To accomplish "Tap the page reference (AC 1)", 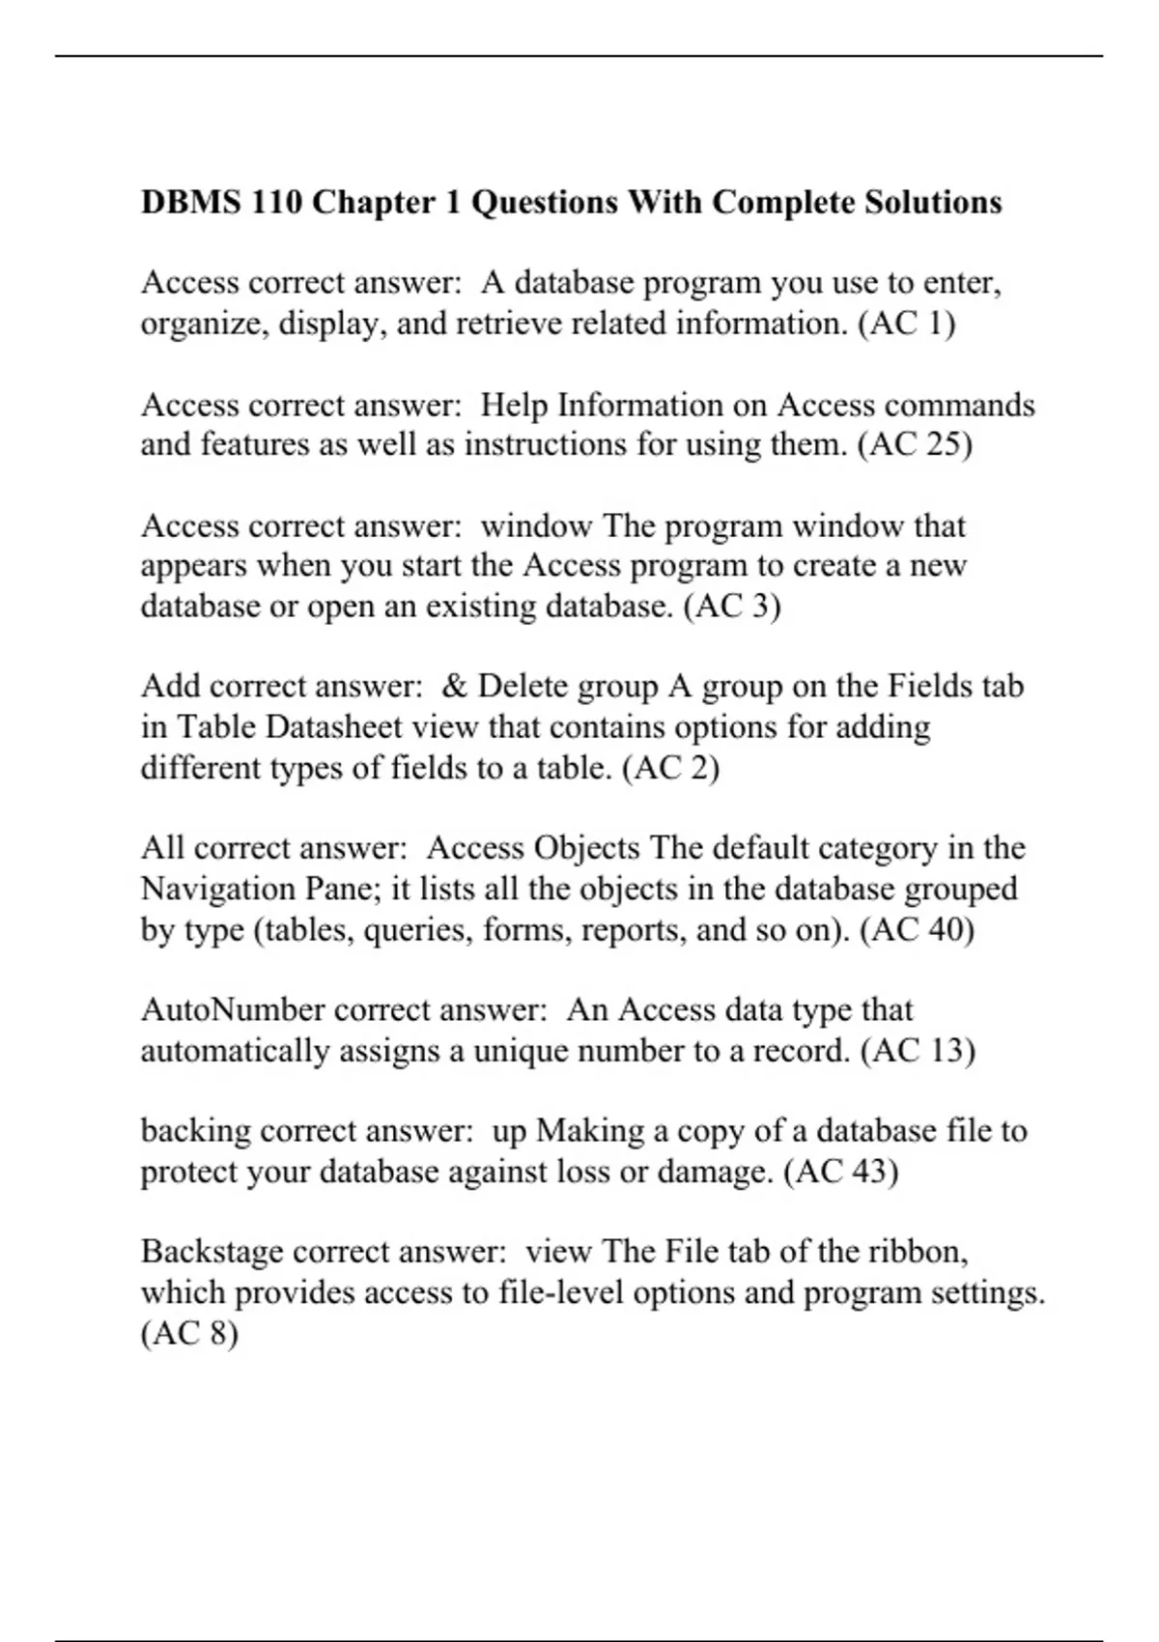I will [x=906, y=324].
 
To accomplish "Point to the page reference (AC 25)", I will [x=915, y=444].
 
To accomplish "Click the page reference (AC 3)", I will [x=731, y=607].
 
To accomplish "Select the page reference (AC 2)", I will [x=671, y=768].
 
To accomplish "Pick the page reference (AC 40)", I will [x=917, y=929].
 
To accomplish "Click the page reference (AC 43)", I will [x=840, y=1172].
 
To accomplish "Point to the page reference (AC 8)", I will [x=189, y=1334].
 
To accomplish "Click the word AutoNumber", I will [x=232, y=1010].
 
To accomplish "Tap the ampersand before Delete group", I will [x=454, y=687].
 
